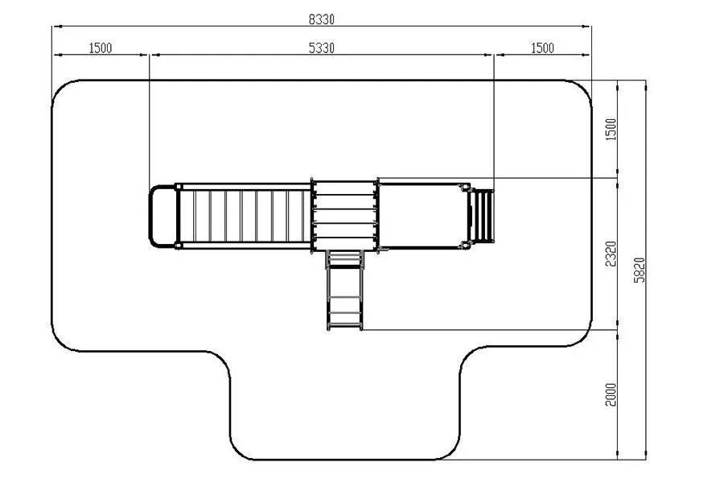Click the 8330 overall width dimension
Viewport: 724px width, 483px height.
[321, 19]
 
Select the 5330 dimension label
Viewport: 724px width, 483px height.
[321, 48]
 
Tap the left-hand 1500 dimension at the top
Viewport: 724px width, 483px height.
[101, 48]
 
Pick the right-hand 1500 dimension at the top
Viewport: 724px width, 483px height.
[542, 48]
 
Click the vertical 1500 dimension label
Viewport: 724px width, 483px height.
[611, 130]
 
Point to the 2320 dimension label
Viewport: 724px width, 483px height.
[611, 254]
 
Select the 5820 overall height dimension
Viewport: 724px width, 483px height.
[639, 270]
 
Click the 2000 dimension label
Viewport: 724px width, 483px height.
[611, 394]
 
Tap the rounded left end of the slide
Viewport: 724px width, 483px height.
[150, 217]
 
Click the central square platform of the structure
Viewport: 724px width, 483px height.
[344, 216]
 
